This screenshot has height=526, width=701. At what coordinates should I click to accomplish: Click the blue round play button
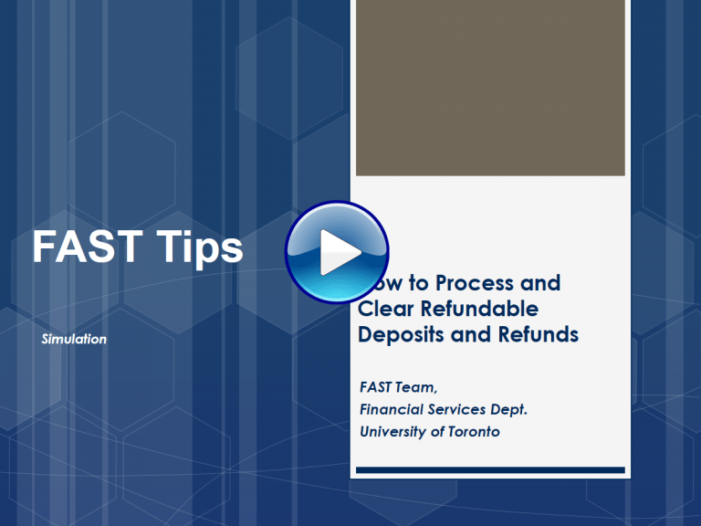(x=337, y=252)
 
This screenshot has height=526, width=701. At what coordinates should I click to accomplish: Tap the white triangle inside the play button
(x=340, y=253)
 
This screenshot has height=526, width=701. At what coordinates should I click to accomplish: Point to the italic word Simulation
(x=74, y=340)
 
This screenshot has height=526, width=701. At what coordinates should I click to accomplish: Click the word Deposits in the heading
(x=399, y=334)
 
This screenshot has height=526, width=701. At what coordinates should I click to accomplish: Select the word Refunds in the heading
(x=538, y=334)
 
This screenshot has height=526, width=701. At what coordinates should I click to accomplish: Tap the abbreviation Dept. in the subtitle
(x=510, y=411)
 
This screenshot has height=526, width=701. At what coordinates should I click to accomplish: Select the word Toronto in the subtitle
(x=473, y=431)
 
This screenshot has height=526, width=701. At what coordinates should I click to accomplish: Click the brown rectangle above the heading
(x=490, y=88)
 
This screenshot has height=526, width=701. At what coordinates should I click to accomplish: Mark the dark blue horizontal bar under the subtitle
(x=490, y=471)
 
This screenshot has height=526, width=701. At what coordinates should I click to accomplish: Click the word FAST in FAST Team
(x=376, y=388)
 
